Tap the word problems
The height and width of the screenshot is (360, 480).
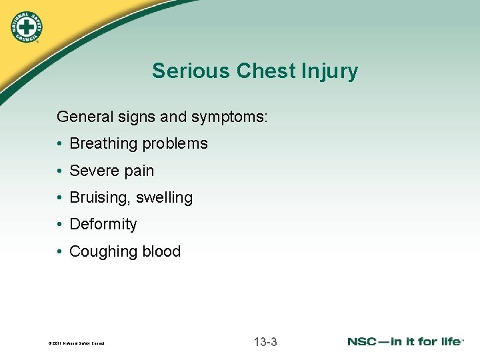click(177, 144)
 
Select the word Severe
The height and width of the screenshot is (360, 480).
click(93, 171)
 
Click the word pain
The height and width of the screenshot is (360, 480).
click(137, 171)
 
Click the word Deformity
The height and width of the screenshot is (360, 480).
click(103, 225)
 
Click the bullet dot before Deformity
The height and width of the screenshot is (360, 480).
click(60, 225)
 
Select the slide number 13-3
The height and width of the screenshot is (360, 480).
click(265, 342)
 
